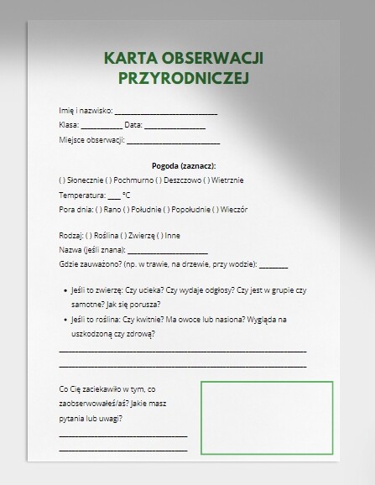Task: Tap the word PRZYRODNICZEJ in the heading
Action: tap(183, 78)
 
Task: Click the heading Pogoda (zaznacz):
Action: tap(184, 165)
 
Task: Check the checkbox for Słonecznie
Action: tap(62, 180)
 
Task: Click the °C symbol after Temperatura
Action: tap(126, 194)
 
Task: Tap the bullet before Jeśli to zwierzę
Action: tap(65, 289)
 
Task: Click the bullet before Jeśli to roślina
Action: tap(65, 320)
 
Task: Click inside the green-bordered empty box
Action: tap(267, 415)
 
